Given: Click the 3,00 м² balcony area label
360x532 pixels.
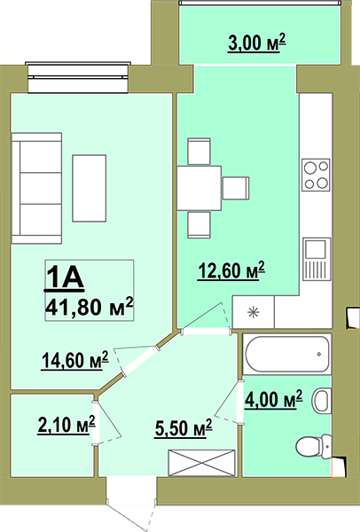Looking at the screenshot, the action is click(257, 43).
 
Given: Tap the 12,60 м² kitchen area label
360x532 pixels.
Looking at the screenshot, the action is click(231, 271).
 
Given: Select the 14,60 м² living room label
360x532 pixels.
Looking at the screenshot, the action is click(75, 360).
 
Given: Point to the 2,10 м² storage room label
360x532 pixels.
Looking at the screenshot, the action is click(67, 425).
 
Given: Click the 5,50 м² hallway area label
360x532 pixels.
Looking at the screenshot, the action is click(184, 428).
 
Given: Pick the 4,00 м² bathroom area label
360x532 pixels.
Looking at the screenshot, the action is click(273, 399).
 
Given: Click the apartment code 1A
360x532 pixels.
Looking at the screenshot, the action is click(64, 278).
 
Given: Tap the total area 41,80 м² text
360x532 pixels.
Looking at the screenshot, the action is click(89, 307).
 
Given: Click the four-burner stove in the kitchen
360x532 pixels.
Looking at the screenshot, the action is click(317, 175).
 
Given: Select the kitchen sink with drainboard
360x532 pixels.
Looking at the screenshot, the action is click(317, 259).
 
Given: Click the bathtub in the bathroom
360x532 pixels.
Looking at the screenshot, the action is click(287, 354).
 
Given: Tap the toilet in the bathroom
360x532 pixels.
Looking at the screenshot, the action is click(313, 446).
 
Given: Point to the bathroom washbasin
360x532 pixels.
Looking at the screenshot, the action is click(321, 401).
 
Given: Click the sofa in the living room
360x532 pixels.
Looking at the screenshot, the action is click(36, 188).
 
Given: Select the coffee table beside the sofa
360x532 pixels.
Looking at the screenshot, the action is click(90, 188).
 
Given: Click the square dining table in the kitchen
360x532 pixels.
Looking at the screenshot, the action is click(200, 188).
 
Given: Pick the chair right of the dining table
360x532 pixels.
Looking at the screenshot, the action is click(236, 188).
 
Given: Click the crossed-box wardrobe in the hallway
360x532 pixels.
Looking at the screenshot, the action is click(202, 463).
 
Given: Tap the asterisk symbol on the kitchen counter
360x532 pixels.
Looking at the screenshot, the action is click(254, 312).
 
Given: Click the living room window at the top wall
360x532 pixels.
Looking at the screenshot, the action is click(78, 77).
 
